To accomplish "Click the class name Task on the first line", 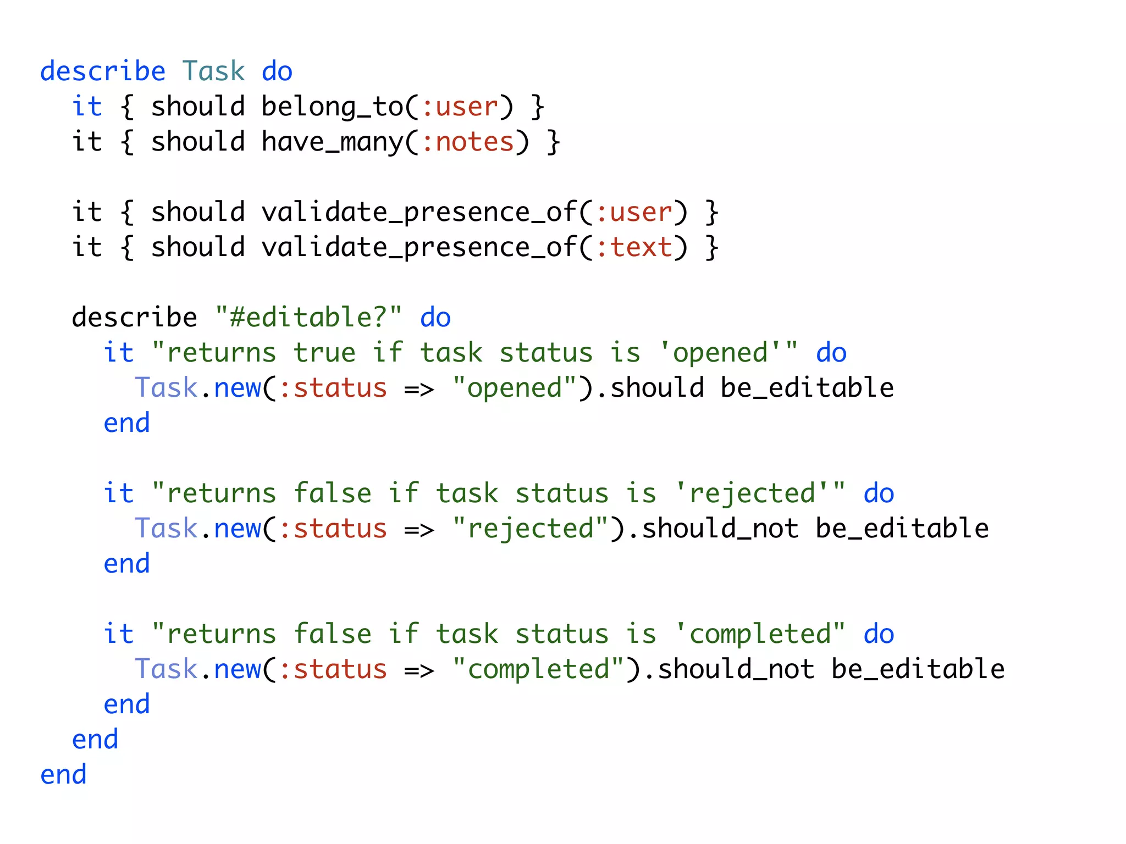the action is pyautogui.click(x=213, y=71).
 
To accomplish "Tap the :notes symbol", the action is pyautogui.click(x=467, y=142).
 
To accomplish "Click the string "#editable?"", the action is pyautogui.click(x=308, y=318).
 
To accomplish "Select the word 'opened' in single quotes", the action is pyautogui.click(x=721, y=353).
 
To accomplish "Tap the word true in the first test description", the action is pyautogui.click(x=324, y=353).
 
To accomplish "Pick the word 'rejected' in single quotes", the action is pyautogui.click(x=753, y=493).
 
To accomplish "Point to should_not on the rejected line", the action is pyautogui.click(x=720, y=529).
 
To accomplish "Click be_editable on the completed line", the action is pyautogui.click(x=918, y=669).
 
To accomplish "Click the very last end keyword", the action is pyautogui.click(x=63, y=775).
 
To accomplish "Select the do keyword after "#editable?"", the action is pyautogui.click(x=435, y=318).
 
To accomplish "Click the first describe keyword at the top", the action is pyautogui.click(x=103, y=71).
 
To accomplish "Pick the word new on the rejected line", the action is pyautogui.click(x=238, y=529).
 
